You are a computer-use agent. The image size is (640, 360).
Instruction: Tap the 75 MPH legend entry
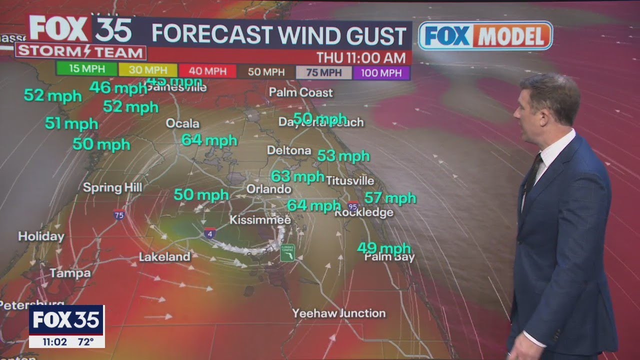(x=323, y=72)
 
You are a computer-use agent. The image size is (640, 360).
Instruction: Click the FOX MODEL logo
(x=485, y=35)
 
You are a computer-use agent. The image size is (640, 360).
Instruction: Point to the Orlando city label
(x=269, y=189)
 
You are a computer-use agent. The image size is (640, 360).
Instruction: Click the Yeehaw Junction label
(x=339, y=313)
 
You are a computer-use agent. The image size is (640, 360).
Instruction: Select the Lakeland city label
(x=164, y=257)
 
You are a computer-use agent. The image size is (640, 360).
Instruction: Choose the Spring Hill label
(x=112, y=188)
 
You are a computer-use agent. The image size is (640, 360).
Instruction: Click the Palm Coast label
(x=300, y=92)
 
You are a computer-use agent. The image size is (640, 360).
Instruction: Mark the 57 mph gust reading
(x=390, y=198)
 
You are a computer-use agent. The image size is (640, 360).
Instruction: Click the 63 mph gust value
(x=297, y=176)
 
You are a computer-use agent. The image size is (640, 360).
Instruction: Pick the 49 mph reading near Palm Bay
(x=383, y=247)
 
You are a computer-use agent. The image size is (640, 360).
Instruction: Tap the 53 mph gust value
(x=343, y=156)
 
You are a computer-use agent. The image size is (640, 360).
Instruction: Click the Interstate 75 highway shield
(x=118, y=214)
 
